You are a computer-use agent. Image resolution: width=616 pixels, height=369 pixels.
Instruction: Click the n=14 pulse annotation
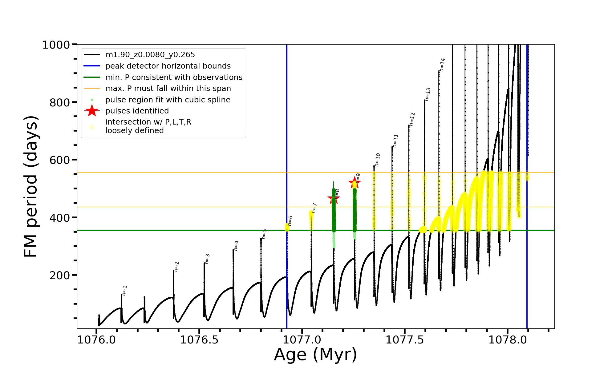click(442, 65)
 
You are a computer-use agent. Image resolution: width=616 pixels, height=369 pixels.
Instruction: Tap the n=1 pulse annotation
click(124, 291)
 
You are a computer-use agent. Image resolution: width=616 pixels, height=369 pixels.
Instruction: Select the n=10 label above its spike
click(378, 160)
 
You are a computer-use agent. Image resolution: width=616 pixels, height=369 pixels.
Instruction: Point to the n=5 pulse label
click(264, 234)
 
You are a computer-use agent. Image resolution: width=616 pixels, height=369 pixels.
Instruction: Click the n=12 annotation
click(412, 119)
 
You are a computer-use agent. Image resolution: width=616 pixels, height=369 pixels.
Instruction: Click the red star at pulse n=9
click(355, 183)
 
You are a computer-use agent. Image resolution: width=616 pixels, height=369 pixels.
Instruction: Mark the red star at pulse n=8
click(334, 199)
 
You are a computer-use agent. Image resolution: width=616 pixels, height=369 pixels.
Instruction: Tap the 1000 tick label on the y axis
click(56, 45)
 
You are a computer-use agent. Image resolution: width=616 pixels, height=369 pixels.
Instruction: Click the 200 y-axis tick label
click(60, 275)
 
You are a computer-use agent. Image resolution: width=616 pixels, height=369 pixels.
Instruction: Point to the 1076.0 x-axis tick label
click(96, 340)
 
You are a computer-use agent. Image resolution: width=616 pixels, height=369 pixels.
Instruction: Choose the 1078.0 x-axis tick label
click(508, 340)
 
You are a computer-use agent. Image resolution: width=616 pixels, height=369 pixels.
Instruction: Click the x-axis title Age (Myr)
click(315, 355)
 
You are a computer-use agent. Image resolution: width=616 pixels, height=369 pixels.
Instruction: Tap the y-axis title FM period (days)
click(31, 186)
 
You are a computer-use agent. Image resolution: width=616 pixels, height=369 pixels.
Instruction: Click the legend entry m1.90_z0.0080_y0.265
click(150, 55)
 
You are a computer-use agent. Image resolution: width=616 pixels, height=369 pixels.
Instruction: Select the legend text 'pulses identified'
click(137, 111)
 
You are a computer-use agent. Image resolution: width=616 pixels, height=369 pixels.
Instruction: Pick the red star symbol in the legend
click(92, 111)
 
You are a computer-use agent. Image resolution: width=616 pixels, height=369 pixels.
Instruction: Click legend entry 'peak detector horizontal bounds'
click(168, 66)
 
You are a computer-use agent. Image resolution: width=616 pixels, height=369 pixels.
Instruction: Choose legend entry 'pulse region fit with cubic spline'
click(168, 100)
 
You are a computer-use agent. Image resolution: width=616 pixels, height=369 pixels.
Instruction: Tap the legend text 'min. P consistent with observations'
click(174, 77)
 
